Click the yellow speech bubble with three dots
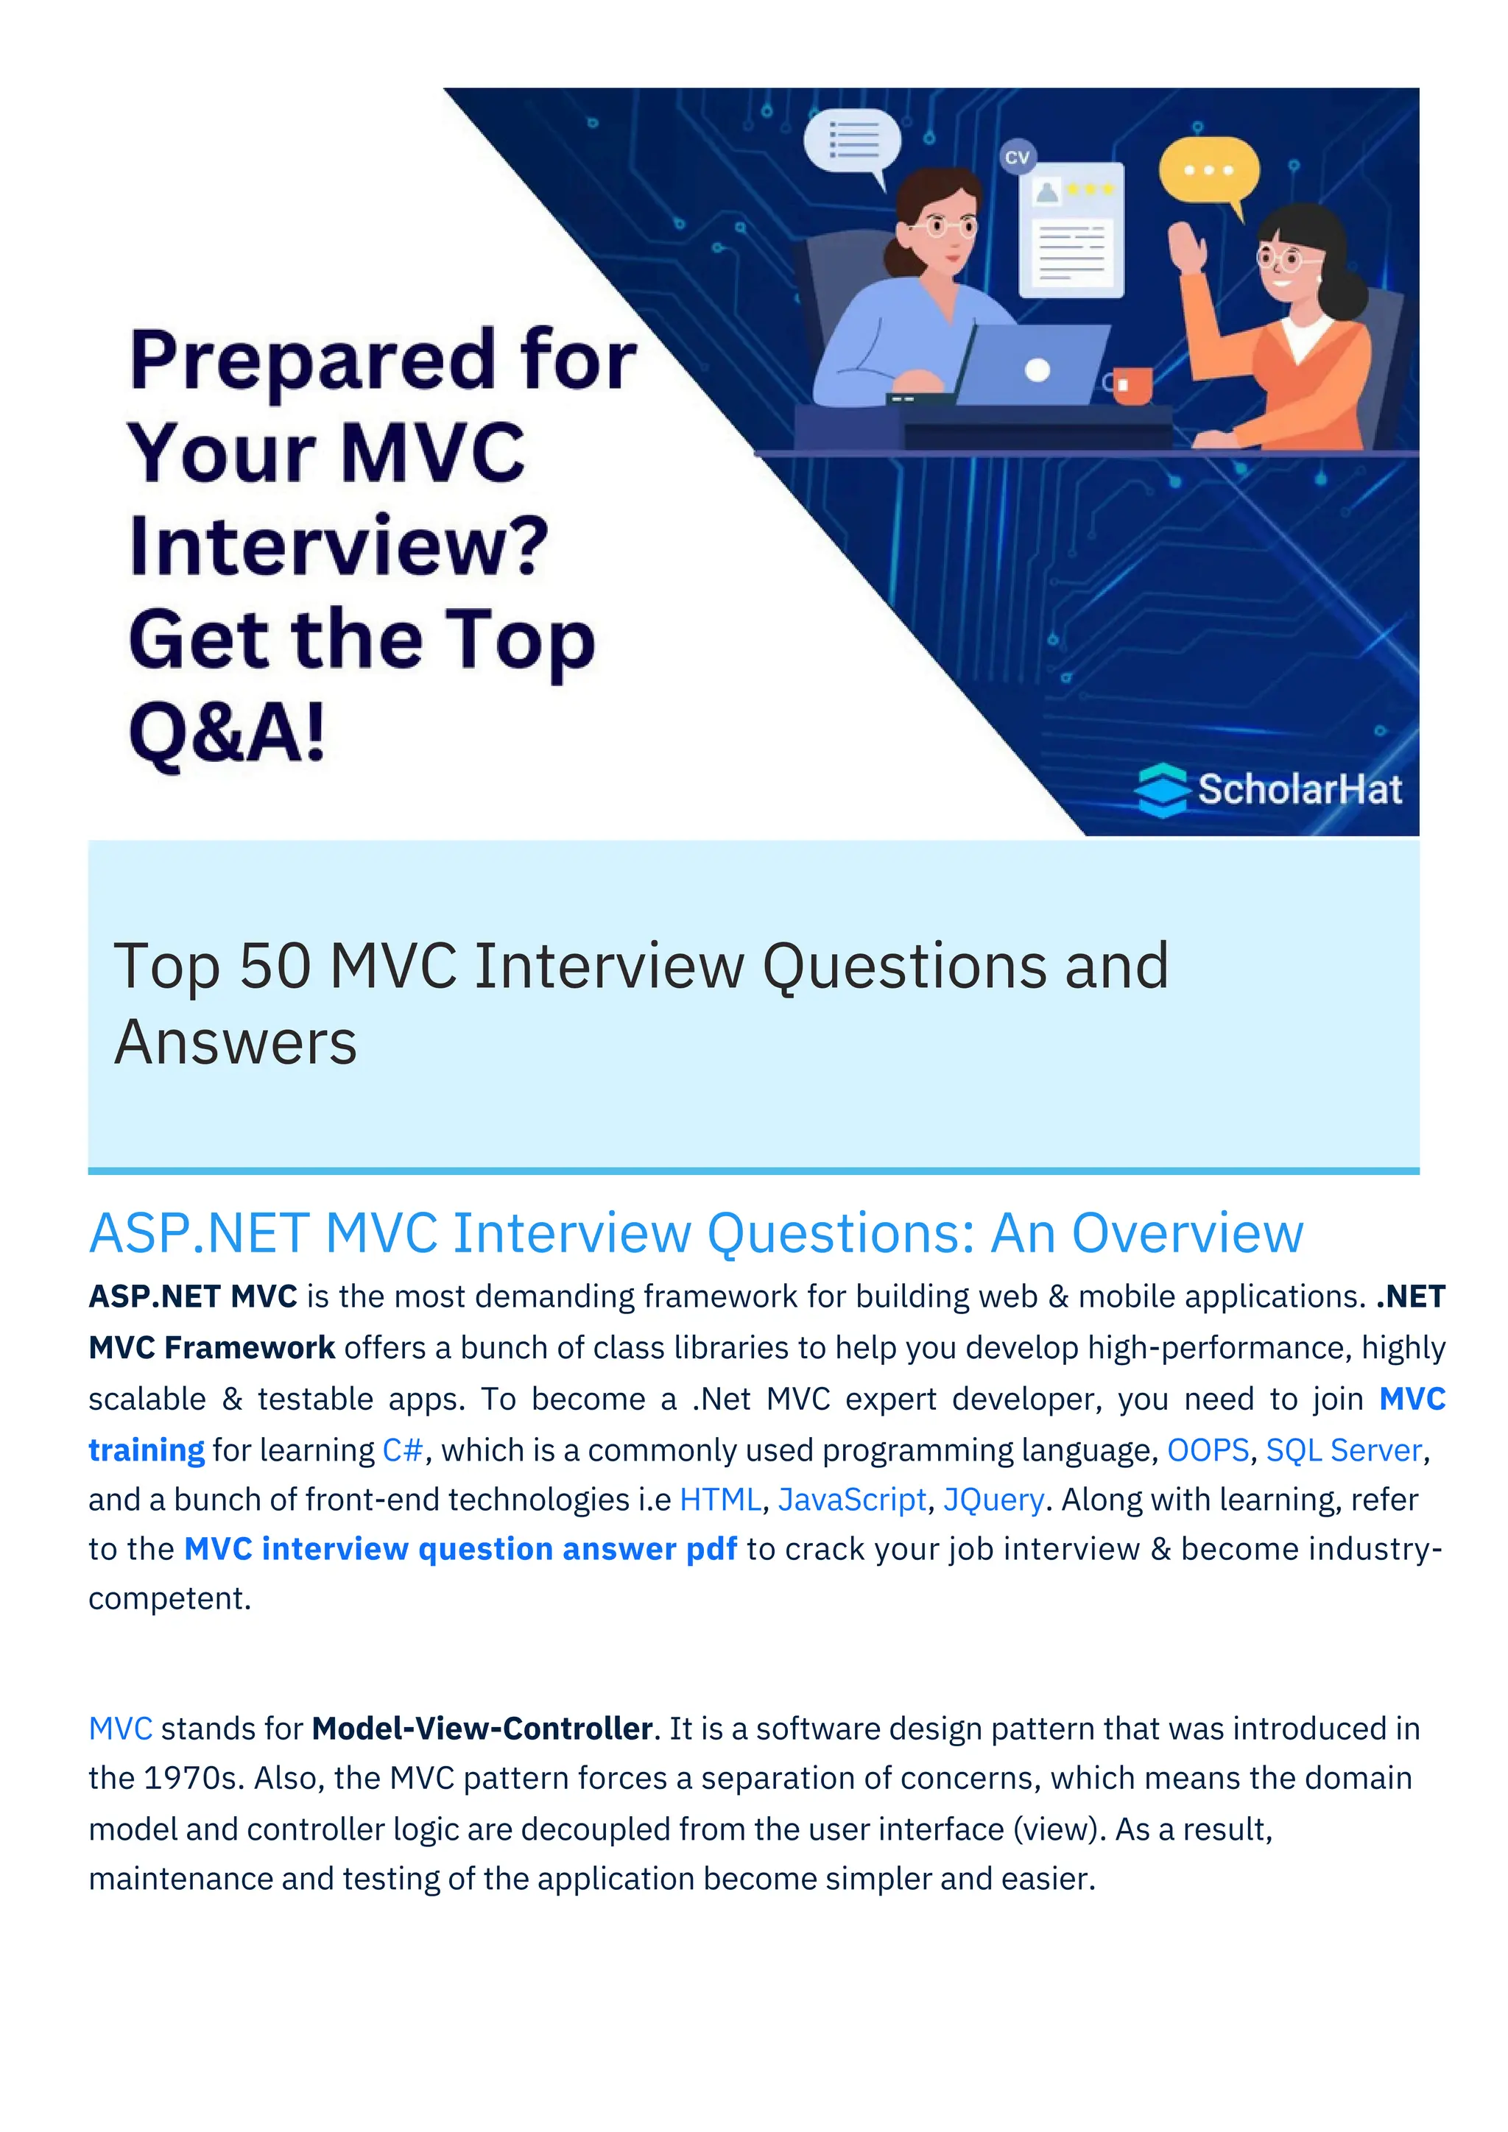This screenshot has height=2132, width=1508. pos(1209,171)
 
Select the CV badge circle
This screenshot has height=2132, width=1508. pos(1018,157)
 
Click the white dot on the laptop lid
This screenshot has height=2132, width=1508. pos(1037,370)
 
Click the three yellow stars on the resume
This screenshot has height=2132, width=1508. pos(1091,189)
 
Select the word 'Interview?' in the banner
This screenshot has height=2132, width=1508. pos(339,546)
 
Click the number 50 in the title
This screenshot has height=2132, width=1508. pos(275,966)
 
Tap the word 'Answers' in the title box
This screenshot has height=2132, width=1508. pos(235,1042)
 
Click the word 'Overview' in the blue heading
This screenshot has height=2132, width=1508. pos(1187,1234)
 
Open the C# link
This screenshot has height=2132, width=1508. pos(403,1450)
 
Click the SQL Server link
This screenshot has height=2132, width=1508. pos(1344,1450)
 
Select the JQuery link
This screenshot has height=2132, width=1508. pos(993,1500)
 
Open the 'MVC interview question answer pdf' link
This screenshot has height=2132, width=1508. pos(460,1549)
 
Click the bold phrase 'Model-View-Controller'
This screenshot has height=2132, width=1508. pos(482,1728)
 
